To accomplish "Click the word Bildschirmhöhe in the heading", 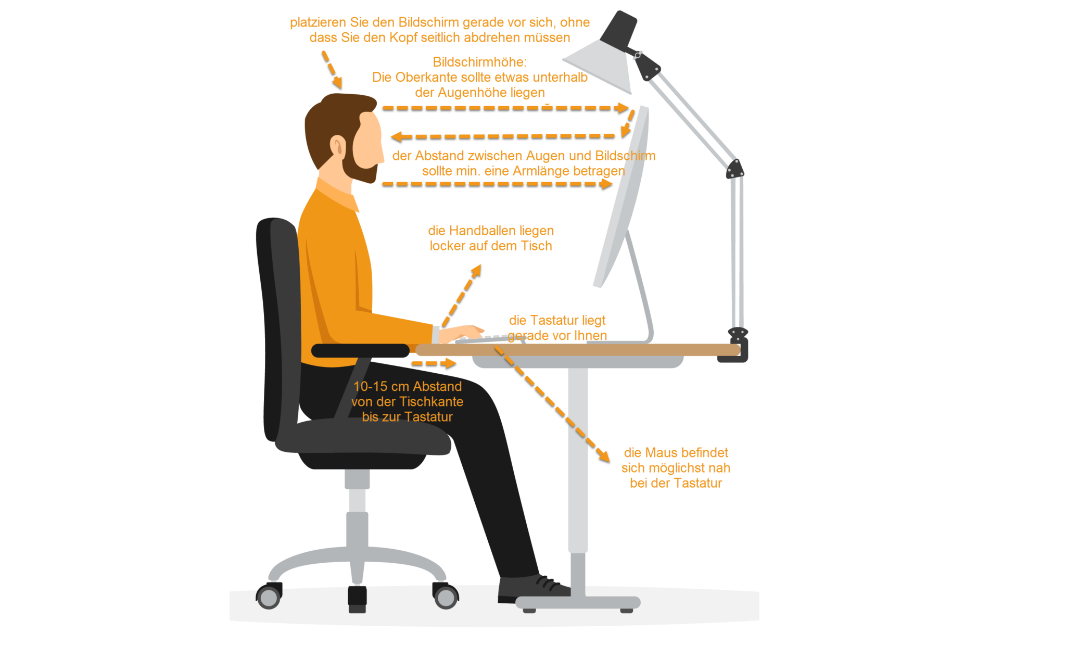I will [x=478, y=62].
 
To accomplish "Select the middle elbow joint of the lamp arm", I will [x=735, y=169].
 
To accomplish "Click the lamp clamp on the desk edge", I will [x=735, y=346].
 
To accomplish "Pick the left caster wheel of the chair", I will [x=269, y=597].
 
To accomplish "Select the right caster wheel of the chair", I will [x=446, y=597].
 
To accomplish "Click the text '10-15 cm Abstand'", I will [x=408, y=386].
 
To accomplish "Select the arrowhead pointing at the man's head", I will [x=337, y=82].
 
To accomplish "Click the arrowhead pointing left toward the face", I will [x=396, y=136].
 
